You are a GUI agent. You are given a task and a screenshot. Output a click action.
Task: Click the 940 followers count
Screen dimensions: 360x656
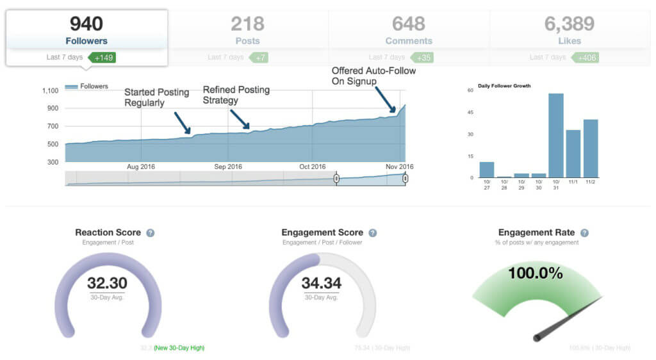tap(86, 24)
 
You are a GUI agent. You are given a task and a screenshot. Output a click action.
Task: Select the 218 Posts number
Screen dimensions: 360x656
tap(247, 24)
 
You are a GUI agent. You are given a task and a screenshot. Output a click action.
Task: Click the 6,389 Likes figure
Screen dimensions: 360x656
tap(570, 24)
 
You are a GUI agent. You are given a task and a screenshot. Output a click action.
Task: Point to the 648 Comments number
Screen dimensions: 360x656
tap(409, 24)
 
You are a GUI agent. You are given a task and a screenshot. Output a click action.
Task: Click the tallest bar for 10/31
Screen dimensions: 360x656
tap(555, 136)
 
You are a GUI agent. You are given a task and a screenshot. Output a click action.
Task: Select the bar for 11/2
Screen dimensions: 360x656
tap(590, 149)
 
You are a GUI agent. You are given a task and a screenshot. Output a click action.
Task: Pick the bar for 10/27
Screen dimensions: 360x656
tap(487, 170)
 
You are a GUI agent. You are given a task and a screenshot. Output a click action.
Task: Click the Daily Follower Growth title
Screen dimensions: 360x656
tap(504, 86)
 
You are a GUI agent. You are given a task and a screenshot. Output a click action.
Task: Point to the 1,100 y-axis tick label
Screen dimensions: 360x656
tap(49, 91)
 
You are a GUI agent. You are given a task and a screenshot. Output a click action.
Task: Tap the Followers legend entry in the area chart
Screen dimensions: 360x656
tap(87, 86)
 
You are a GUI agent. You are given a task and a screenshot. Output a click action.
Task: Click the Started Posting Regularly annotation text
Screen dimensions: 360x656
tap(156, 97)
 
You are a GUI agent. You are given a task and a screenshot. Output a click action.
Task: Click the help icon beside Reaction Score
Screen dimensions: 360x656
tap(150, 233)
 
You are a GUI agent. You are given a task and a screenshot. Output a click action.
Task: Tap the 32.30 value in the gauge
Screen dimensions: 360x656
tap(107, 283)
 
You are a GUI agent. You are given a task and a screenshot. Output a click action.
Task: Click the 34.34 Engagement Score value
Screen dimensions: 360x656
tap(321, 283)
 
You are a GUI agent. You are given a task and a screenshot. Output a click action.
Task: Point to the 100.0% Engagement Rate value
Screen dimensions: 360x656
tap(536, 273)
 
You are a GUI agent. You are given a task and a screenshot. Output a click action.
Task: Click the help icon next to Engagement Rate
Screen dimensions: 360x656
tap(584, 233)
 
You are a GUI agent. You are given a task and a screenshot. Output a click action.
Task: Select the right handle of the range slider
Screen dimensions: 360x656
tap(405, 179)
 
